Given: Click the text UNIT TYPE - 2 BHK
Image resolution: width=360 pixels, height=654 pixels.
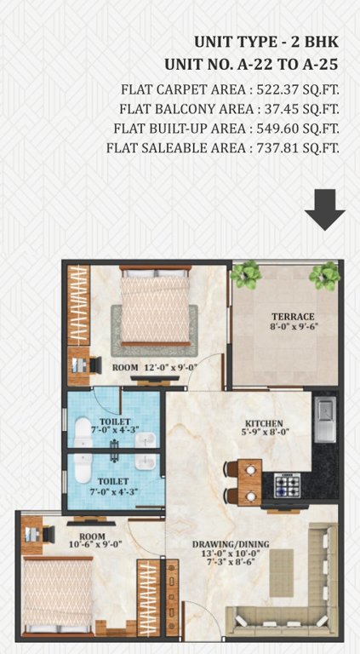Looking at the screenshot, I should tap(266, 41).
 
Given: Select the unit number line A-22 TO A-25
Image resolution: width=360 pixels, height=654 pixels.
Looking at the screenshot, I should tap(252, 64).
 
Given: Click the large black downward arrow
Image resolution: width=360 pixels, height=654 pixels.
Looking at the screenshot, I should tap(324, 209).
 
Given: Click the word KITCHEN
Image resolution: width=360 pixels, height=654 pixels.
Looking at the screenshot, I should tap(264, 423).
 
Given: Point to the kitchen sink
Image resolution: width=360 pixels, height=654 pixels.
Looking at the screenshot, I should tap(324, 416).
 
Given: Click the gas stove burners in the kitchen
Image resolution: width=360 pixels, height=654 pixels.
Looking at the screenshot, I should tap(285, 485).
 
